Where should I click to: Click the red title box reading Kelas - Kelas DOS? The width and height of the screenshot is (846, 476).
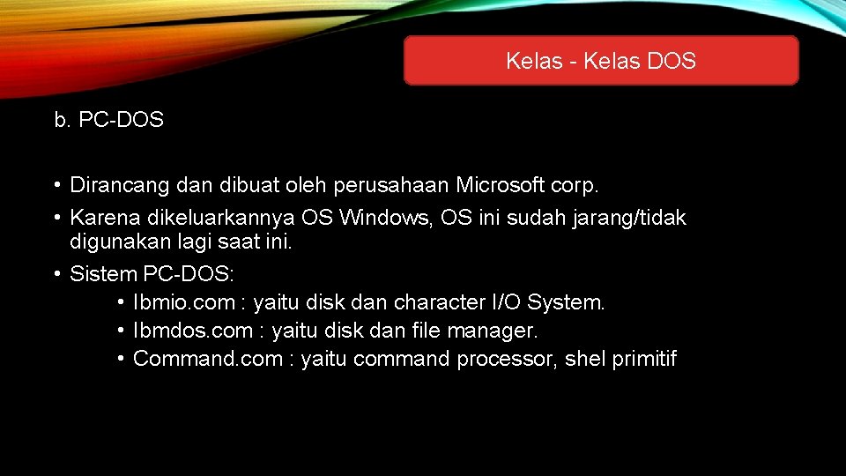click(x=601, y=61)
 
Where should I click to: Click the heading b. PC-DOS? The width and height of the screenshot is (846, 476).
click(x=109, y=120)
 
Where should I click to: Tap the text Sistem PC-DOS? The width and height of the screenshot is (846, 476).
click(x=152, y=274)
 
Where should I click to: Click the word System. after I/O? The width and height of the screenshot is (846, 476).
click(x=568, y=302)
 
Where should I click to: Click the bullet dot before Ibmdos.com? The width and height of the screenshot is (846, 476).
click(x=119, y=331)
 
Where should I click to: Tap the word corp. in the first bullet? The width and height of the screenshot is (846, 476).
click(x=576, y=185)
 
